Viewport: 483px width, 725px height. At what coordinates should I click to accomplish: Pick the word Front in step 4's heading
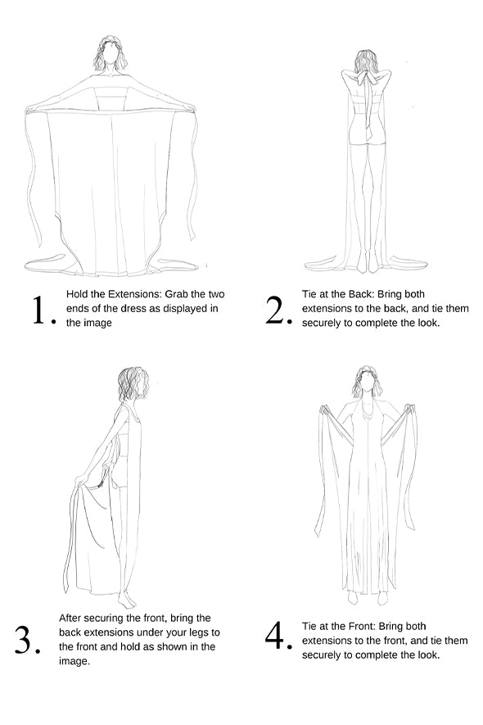pyautogui.click(x=363, y=627)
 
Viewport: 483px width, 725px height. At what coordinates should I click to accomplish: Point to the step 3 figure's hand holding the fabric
pyautogui.click(x=82, y=479)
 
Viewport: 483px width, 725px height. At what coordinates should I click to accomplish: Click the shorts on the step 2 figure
pyautogui.click(x=368, y=134)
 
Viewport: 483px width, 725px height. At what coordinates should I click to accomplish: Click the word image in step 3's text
pyautogui.click(x=74, y=662)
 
